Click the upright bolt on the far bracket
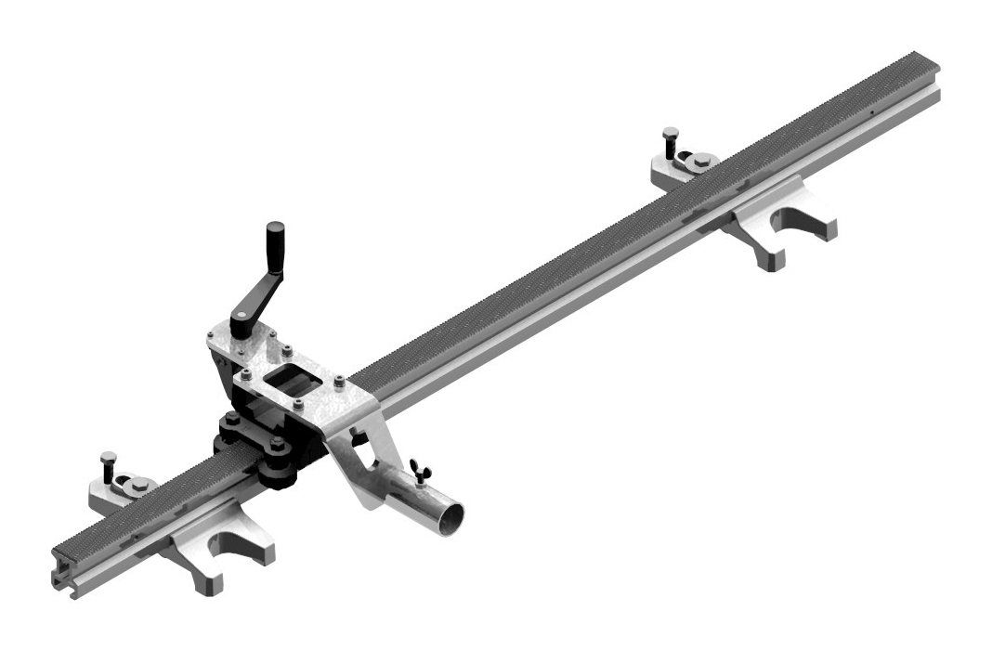pos(669,143)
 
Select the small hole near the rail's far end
pos(874,114)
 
